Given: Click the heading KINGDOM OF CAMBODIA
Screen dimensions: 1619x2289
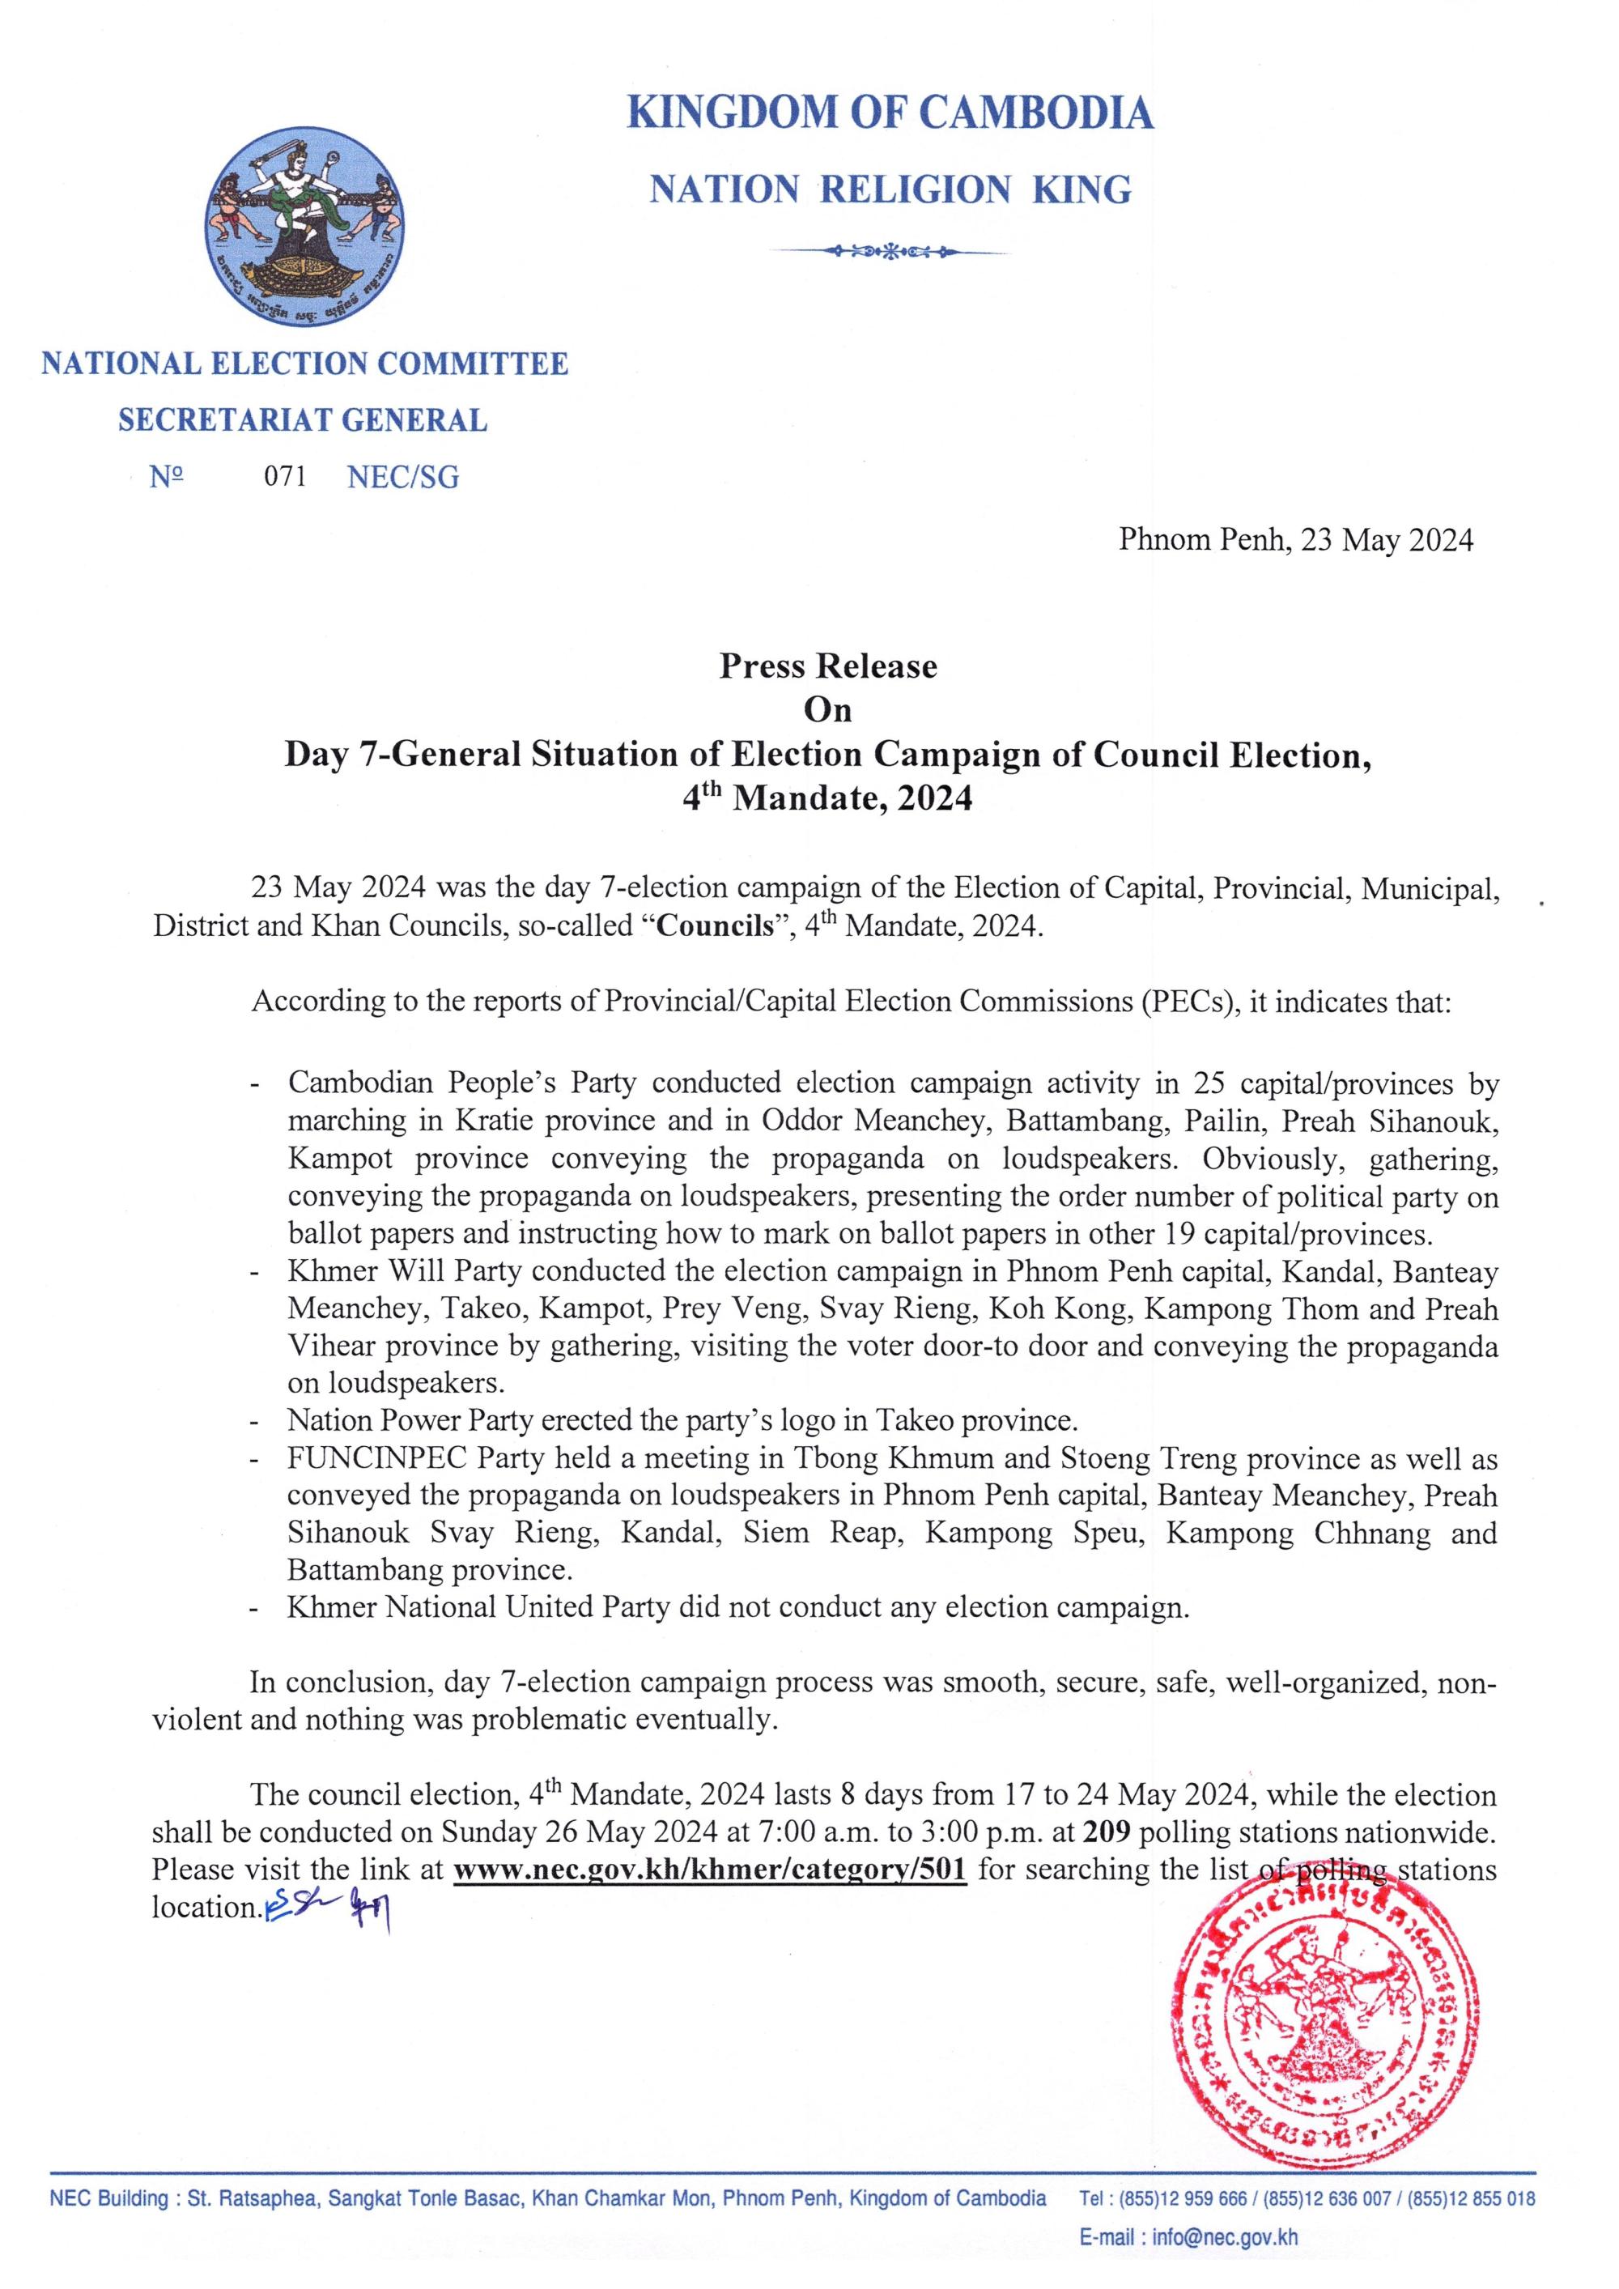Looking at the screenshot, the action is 890,113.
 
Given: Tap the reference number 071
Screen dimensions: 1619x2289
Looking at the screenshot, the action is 284,478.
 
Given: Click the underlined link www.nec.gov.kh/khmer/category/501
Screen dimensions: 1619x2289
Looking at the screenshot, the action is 710,1870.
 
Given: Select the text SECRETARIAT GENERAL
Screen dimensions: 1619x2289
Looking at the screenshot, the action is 302,421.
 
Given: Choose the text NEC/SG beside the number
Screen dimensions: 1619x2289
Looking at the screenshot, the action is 403,478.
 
